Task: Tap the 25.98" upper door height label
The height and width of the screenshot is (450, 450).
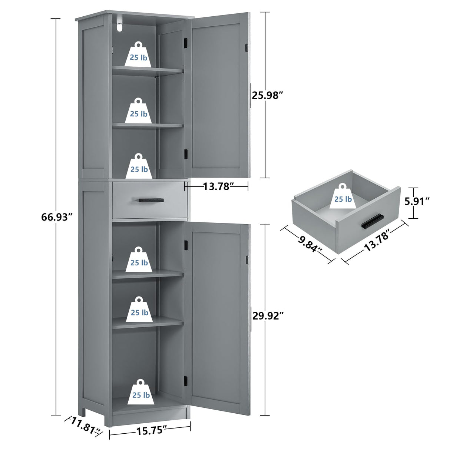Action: click(268, 95)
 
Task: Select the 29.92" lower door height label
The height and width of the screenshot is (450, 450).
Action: click(268, 316)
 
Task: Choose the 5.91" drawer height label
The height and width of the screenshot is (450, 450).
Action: click(417, 201)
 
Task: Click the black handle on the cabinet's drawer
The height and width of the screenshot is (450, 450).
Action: click(151, 200)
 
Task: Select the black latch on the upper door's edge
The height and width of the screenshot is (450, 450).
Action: click(246, 48)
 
